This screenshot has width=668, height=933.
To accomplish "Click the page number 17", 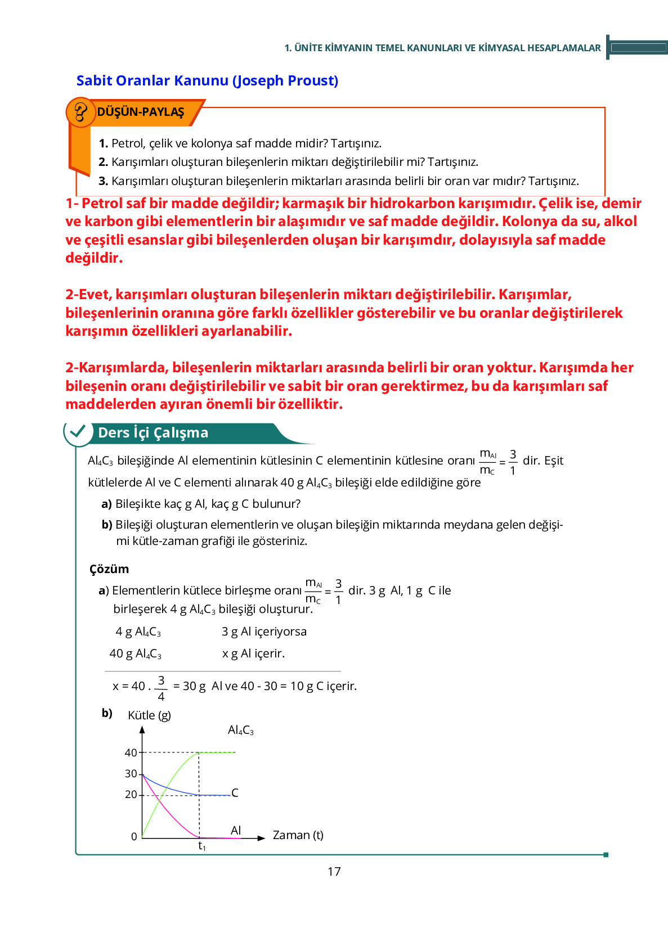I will click(x=334, y=871).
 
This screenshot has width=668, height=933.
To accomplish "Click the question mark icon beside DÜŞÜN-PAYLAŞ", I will click(x=80, y=112).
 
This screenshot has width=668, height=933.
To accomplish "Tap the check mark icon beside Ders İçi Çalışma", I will click(x=78, y=432).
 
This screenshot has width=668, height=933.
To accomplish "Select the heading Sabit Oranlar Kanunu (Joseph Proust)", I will click(x=207, y=80).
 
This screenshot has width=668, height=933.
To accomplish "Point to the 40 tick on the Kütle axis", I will click(x=131, y=752).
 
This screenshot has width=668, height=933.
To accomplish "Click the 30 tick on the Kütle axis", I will click(x=131, y=774).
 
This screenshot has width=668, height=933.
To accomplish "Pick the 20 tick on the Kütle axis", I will click(x=131, y=795).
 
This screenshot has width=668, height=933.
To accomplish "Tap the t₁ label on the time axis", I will click(x=201, y=846).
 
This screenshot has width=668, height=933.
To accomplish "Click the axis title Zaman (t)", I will click(x=298, y=835).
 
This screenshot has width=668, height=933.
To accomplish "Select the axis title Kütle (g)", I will click(x=149, y=715).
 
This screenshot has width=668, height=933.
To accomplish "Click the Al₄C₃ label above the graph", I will click(x=240, y=731).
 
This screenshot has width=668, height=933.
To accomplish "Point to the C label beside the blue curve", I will click(x=235, y=793).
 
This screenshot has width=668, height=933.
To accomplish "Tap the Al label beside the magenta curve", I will click(x=236, y=831).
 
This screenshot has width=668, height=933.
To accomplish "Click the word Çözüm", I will click(x=109, y=569).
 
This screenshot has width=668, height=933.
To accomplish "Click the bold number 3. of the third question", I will click(x=103, y=181).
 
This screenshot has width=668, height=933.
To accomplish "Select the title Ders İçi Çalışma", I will click(x=153, y=432).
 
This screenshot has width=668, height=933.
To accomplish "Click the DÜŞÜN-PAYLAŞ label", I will click(x=141, y=112).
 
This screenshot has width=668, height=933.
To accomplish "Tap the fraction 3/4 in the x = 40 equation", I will click(x=161, y=688).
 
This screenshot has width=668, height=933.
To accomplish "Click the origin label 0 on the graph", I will click(x=134, y=837).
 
